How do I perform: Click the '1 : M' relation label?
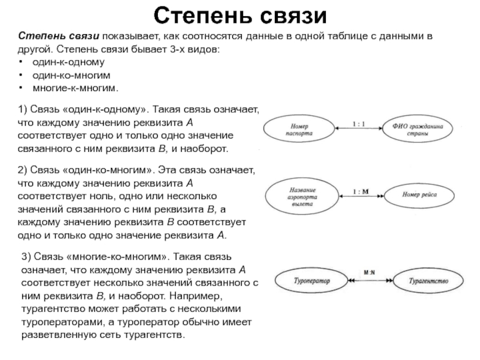tap(362, 191)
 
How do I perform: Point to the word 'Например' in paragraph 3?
tap(195, 296)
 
